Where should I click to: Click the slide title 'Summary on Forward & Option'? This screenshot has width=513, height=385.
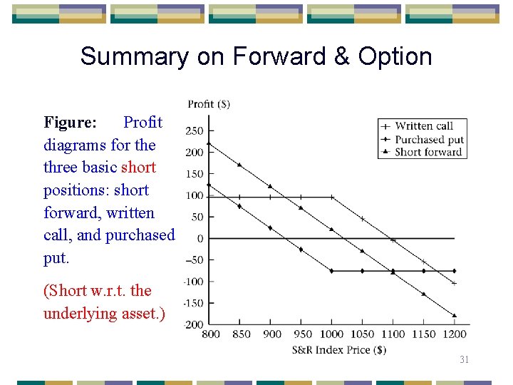click(256, 56)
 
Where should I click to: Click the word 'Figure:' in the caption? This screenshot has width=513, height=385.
click(70, 123)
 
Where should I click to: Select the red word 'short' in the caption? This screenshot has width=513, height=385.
click(138, 168)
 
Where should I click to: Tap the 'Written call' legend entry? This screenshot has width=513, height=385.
click(423, 126)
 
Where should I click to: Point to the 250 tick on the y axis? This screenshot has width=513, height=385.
click(194, 130)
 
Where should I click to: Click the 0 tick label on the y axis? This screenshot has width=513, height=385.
click(200, 239)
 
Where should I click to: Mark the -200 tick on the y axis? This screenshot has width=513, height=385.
click(194, 324)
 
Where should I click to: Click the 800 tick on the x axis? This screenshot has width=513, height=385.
click(211, 334)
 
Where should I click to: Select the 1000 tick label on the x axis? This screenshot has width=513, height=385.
click(331, 334)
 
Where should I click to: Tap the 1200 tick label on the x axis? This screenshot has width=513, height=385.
click(454, 334)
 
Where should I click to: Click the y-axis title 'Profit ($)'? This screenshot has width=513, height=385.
click(209, 104)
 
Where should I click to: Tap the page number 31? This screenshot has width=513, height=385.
click(464, 360)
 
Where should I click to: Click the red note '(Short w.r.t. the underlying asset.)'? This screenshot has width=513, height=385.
click(104, 302)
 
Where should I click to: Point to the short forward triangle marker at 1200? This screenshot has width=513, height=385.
click(454, 315)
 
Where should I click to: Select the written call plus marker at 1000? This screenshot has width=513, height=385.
click(331, 197)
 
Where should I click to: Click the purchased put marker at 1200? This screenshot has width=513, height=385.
click(454, 271)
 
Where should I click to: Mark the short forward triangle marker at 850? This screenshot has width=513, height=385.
click(239, 165)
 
